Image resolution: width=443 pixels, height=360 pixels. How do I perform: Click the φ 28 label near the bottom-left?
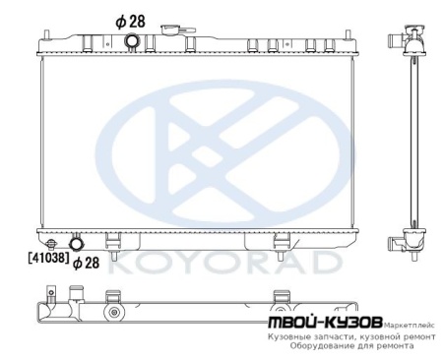[x=86, y=263]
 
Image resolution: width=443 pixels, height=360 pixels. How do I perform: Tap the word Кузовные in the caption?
[x=291, y=335]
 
